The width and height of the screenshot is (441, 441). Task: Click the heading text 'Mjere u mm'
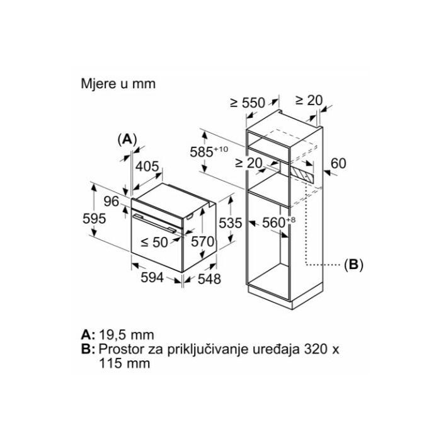click(x=118, y=83)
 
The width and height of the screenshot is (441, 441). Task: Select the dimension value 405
click(x=147, y=167)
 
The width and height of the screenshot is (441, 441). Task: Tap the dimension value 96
click(x=112, y=202)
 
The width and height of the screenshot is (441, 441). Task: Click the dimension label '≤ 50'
click(x=154, y=242)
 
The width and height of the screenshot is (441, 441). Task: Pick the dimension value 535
click(x=231, y=222)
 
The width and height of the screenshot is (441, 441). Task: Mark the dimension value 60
click(x=339, y=163)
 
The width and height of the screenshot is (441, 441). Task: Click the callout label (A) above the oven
click(x=127, y=138)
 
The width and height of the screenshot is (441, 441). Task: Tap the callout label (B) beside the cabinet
click(x=353, y=265)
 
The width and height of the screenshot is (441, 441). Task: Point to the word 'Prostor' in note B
click(x=120, y=349)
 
